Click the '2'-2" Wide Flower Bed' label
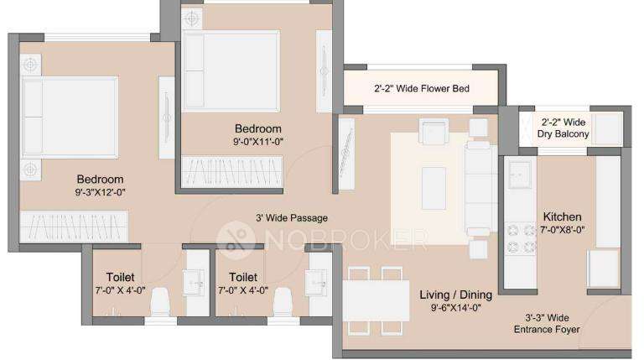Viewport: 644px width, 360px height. tap(421, 88)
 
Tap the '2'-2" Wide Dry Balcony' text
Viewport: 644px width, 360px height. tap(563, 128)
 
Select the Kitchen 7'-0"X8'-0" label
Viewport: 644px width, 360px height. tap(563, 222)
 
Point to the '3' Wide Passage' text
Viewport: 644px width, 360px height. tap(291, 218)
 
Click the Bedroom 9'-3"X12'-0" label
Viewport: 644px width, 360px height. tap(100, 185)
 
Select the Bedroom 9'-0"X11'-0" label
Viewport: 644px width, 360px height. tap(257, 134)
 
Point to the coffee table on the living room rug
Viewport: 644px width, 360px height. tap(434, 187)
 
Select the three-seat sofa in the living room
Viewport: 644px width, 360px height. tap(480, 186)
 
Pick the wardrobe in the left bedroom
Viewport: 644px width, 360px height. tap(75, 227)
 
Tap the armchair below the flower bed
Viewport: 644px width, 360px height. tap(434, 131)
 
